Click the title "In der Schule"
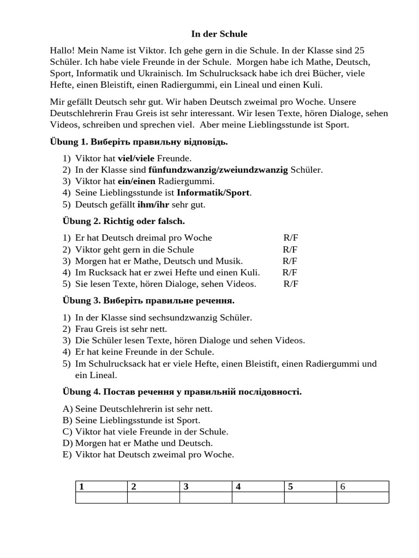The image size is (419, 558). pos(219,34)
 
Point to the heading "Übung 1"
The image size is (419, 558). pos(68,142)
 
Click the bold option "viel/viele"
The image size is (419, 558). pos(136,159)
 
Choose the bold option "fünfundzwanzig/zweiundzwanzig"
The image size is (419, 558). pos(218,170)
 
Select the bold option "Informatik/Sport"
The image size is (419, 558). pos(214,193)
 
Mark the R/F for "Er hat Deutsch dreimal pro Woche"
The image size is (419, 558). pos(291,238)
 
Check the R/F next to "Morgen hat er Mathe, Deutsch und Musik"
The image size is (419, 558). pos(290,261)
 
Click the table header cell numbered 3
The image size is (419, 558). pos(206,487)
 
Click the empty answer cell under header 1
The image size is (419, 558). pos(101,498)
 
